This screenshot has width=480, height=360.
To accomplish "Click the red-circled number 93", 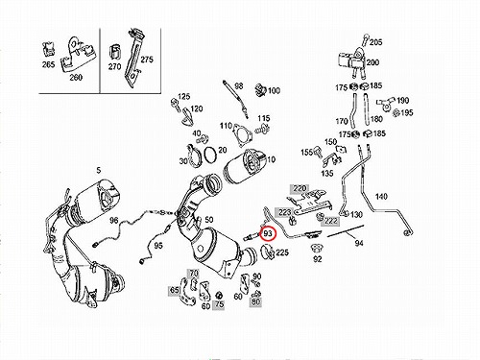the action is (x=268, y=233).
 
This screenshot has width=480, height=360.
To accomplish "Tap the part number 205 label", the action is (x=375, y=42).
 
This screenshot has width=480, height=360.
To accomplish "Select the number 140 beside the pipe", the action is (x=381, y=196).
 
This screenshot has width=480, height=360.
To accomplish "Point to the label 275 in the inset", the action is (x=147, y=60).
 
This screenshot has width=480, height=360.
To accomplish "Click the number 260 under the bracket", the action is (x=76, y=77).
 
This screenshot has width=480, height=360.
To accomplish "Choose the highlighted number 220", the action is (x=300, y=188).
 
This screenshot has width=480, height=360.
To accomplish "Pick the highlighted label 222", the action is (x=330, y=221).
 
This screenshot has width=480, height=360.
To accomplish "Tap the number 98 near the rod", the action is (x=239, y=86).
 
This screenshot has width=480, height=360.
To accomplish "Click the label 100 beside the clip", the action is (x=274, y=90).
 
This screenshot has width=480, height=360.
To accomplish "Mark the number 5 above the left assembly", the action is (x=99, y=170).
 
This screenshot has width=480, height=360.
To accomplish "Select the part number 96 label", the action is (x=114, y=220).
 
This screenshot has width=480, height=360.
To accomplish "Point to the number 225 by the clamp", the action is (x=282, y=252).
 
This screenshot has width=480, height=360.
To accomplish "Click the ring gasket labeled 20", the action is (x=210, y=154).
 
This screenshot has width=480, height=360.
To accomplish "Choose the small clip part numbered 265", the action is (x=48, y=49).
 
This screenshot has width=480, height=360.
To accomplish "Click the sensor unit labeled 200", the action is (x=351, y=62).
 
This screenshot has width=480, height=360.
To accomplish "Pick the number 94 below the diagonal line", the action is (x=359, y=243).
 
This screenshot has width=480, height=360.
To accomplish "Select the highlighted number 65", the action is (x=175, y=290).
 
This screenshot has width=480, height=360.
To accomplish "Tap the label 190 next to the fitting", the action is (x=402, y=101).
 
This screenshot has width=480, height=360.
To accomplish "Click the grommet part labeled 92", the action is (x=317, y=248).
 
